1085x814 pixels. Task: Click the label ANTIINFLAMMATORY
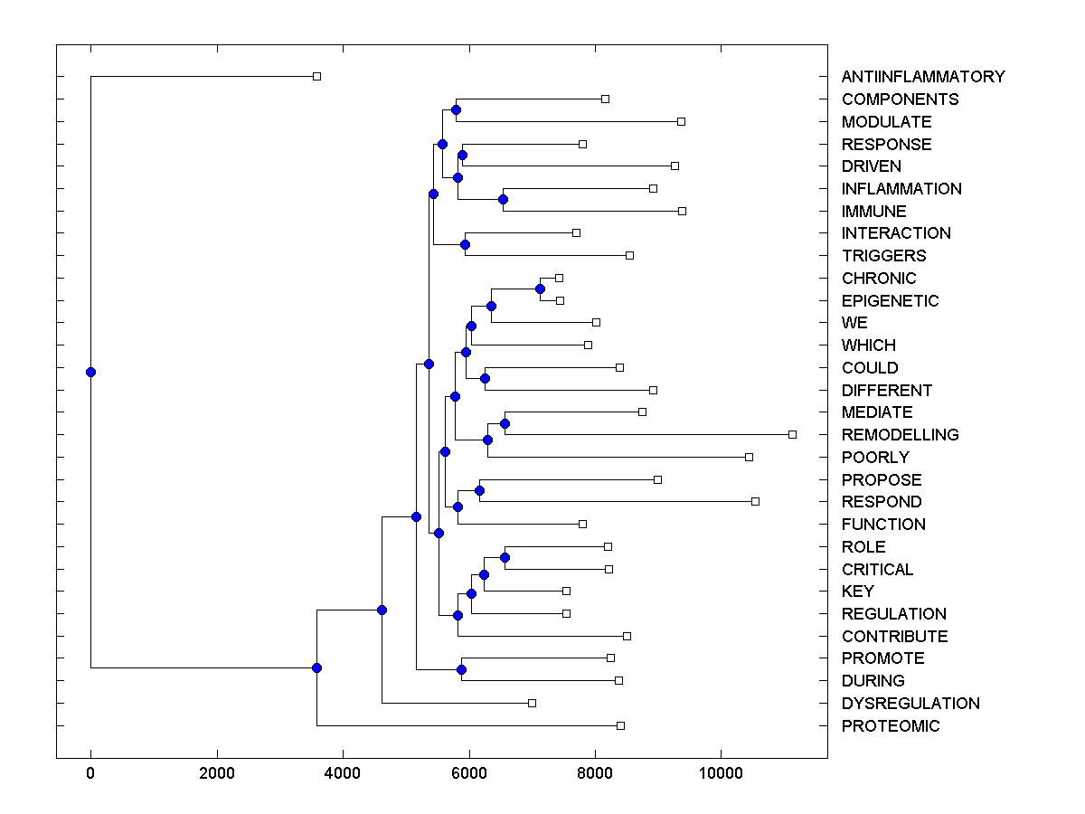pos(922,77)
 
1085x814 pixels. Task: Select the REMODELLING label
pos(900,435)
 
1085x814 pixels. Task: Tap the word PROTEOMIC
pos(890,726)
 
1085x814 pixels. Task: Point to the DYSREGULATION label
pos(910,704)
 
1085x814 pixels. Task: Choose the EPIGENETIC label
pos(890,301)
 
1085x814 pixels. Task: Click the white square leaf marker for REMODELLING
pos(792,435)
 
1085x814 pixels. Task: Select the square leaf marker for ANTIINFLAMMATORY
pos(316,77)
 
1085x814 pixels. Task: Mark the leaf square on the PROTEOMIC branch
pos(620,726)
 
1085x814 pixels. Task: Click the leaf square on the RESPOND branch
pos(755,502)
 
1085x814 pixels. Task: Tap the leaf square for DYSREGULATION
pos(532,704)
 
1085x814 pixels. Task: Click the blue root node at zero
pos(90,372)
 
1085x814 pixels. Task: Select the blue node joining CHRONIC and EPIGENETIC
pos(540,289)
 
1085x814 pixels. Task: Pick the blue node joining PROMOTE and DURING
pos(461,669)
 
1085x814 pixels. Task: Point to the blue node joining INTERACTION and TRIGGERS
pos(465,244)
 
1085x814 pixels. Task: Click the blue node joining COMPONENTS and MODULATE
pos(456,110)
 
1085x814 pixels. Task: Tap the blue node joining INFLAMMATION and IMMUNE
pos(503,200)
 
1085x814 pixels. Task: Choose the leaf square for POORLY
pos(749,458)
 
